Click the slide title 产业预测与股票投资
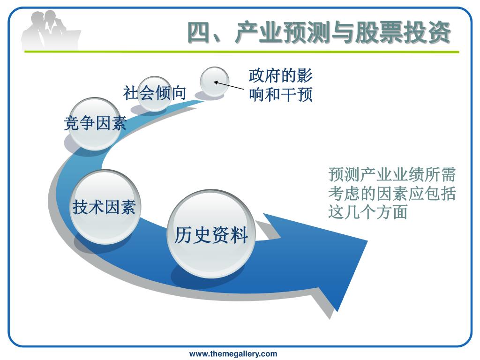tap(319, 33)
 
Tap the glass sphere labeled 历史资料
tap(211, 234)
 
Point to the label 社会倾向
tap(155, 93)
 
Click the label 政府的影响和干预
tap(280, 85)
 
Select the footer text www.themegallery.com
tap(233, 354)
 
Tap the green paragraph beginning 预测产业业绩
tap(392, 194)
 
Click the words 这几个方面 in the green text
tap(367, 212)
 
